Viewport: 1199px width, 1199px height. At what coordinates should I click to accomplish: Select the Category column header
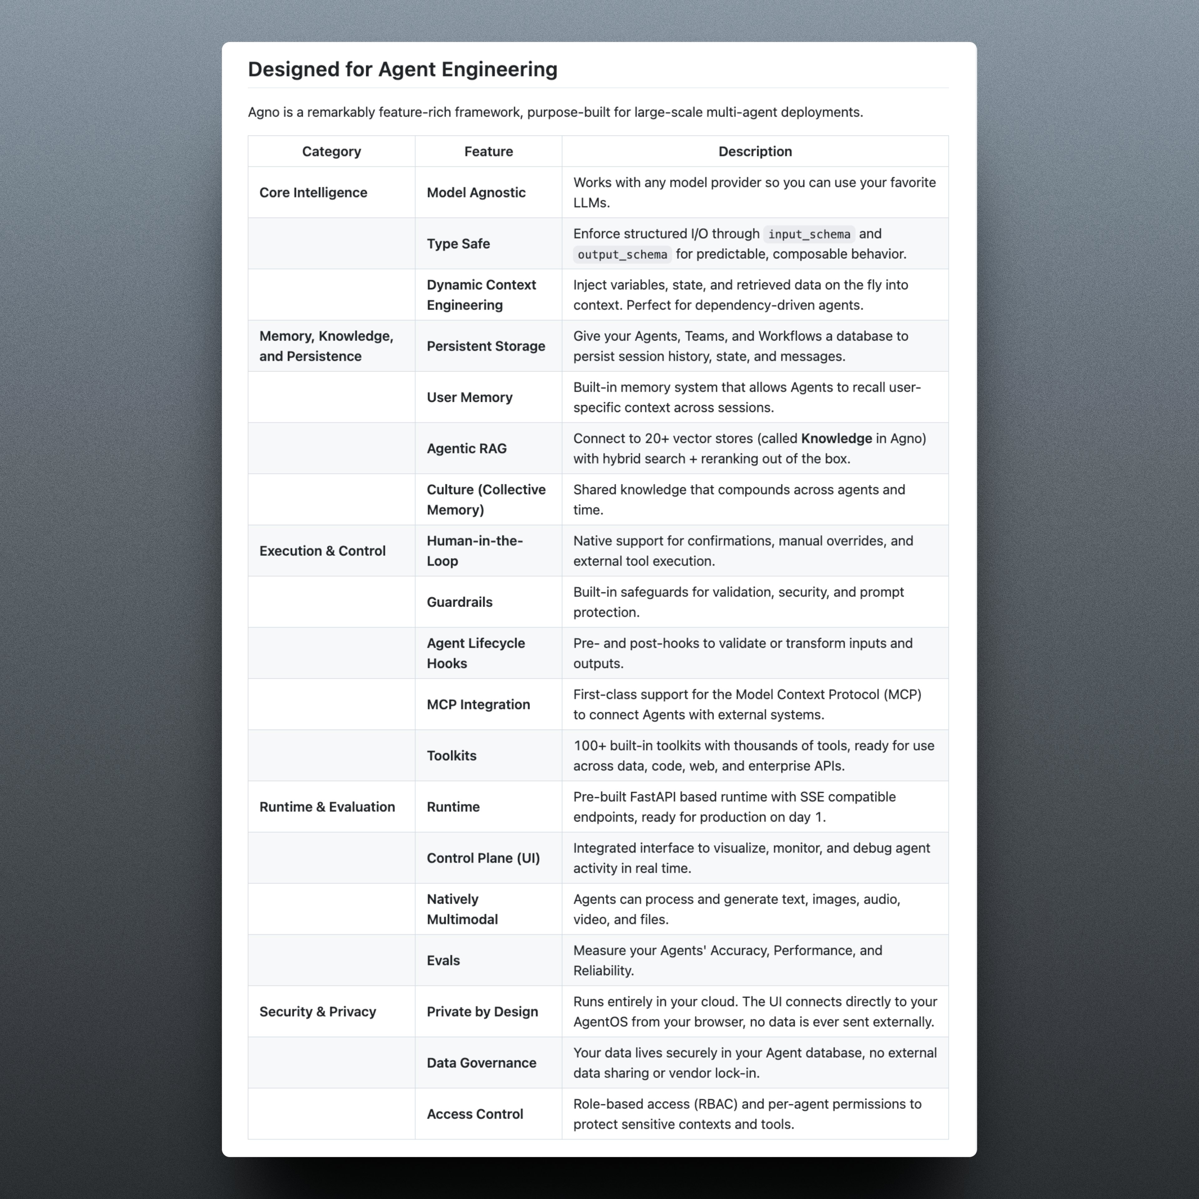[331, 151]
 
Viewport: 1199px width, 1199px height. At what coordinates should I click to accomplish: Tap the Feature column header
[488, 151]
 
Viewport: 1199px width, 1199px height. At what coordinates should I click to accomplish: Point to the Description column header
[755, 151]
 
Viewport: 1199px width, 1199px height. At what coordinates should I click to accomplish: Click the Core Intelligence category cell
[313, 192]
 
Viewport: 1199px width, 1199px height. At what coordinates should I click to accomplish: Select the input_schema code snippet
[809, 234]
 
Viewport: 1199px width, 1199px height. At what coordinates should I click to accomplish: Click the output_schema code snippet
[622, 254]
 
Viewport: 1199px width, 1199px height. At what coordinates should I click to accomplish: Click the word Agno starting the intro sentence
[263, 112]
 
